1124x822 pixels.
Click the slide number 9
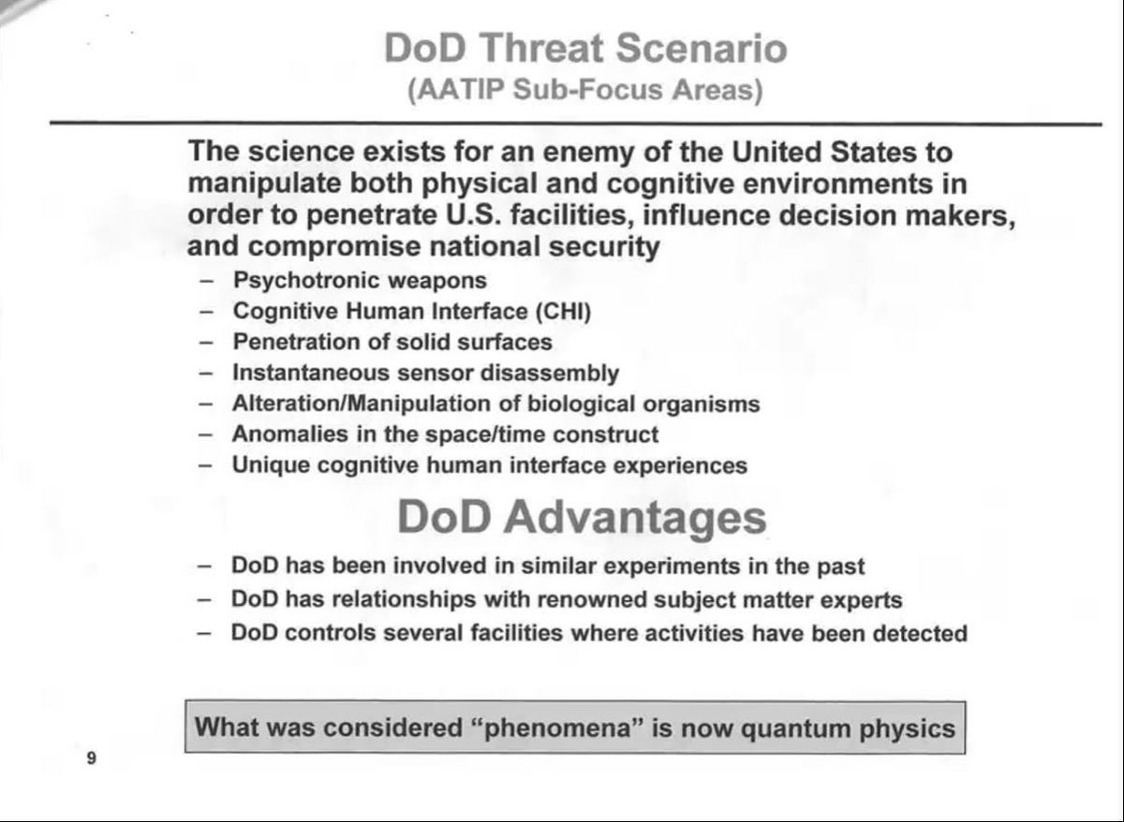point(91,758)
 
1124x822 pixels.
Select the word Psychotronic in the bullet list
point(299,280)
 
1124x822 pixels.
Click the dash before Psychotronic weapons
point(206,281)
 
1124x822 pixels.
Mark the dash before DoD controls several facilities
point(204,633)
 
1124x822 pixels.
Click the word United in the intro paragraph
point(780,151)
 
